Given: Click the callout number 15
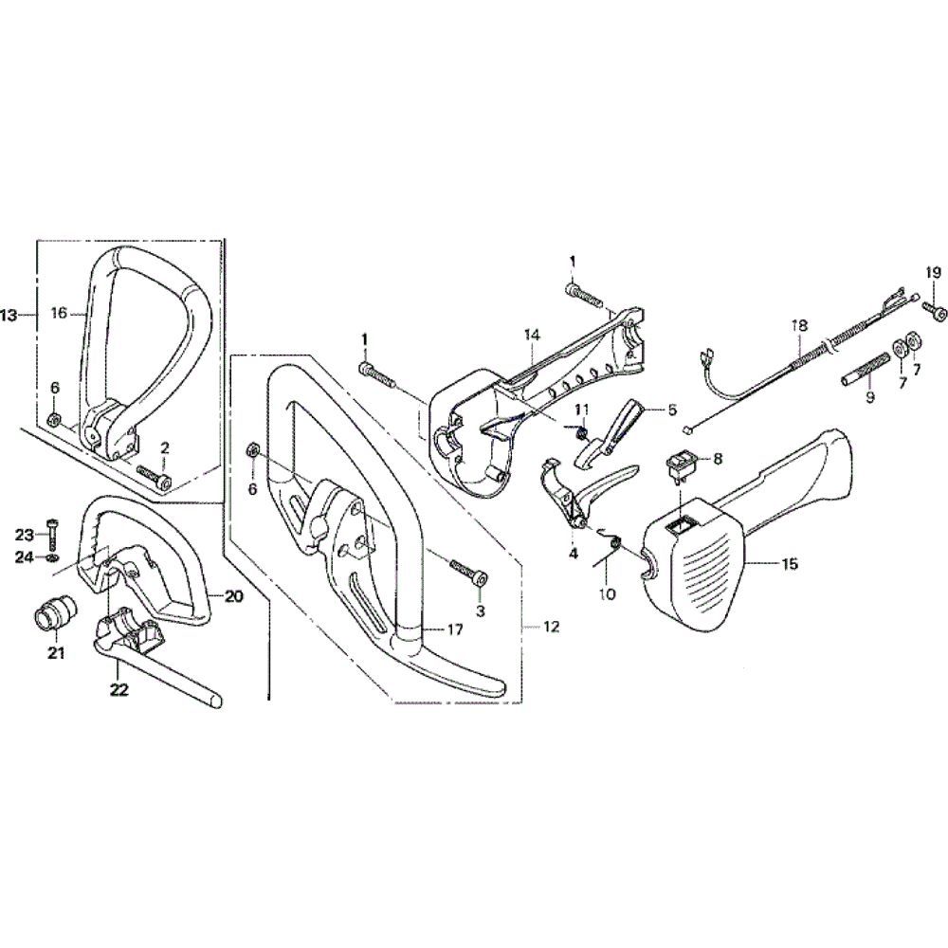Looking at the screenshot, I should tap(790, 564).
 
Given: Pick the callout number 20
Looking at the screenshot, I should tap(233, 595).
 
